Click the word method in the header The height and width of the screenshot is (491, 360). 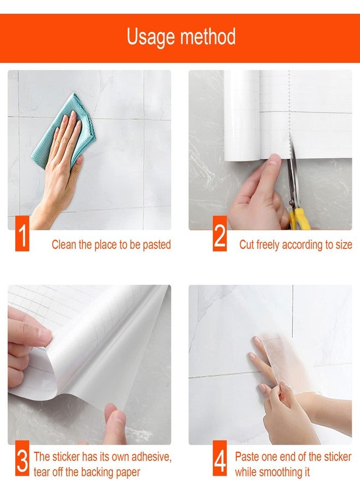tap(208, 37)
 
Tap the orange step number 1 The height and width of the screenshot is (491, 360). tap(22, 233)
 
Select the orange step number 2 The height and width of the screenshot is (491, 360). tap(220, 233)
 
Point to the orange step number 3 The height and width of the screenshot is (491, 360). tap(22, 458)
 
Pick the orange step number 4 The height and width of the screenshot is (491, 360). tap(220, 458)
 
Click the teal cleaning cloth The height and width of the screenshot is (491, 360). tap(63, 131)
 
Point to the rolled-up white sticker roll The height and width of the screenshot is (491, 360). tap(242, 115)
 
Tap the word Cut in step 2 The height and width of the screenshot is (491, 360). tap(247, 244)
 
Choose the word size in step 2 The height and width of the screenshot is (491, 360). tap(344, 244)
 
